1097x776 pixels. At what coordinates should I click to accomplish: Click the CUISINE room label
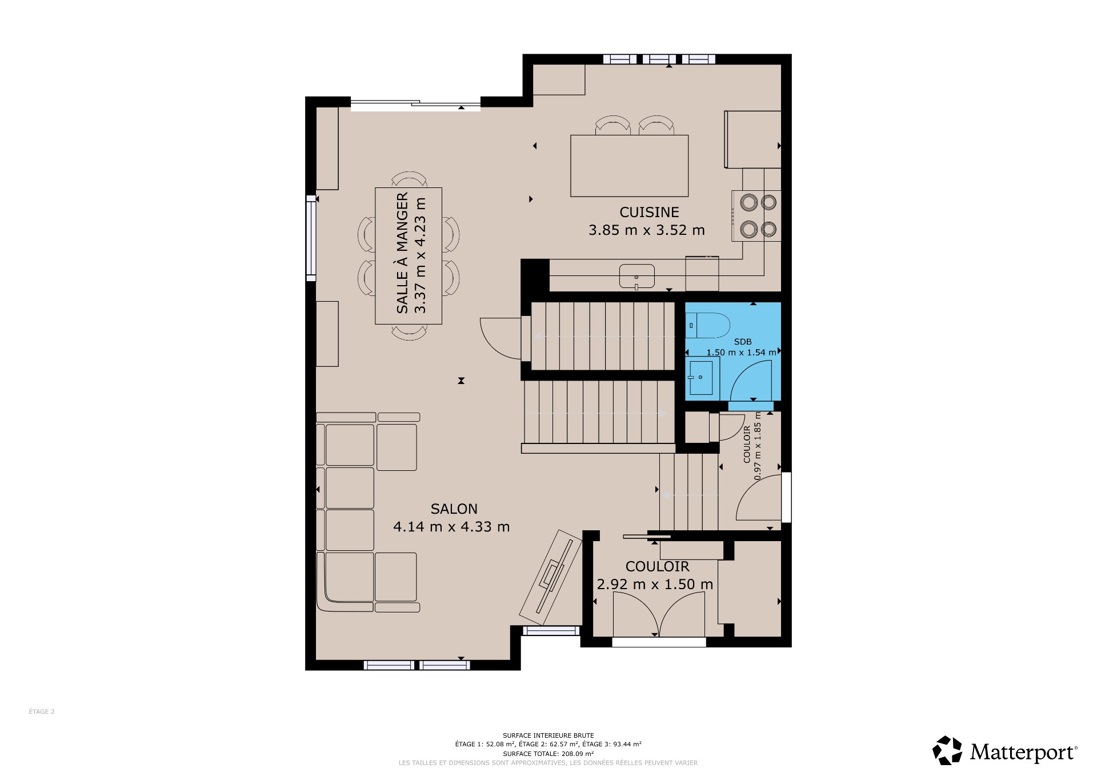(x=649, y=212)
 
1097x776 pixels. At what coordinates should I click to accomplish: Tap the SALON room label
(x=454, y=509)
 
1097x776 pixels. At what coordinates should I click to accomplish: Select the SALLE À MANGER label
(x=402, y=253)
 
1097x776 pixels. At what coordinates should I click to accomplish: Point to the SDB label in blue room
(x=743, y=342)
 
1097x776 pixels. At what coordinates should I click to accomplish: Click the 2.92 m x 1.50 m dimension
(x=655, y=584)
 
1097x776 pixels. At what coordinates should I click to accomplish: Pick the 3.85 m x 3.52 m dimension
(x=647, y=230)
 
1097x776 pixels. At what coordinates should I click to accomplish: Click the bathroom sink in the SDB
(x=700, y=378)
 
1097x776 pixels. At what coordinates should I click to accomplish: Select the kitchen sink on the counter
(x=636, y=276)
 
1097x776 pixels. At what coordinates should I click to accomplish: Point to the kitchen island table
(x=629, y=166)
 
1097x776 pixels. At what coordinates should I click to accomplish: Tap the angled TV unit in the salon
(x=551, y=577)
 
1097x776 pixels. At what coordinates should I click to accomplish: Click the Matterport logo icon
(x=948, y=750)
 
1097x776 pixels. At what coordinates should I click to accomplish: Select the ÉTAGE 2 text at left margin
(x=42, y=711)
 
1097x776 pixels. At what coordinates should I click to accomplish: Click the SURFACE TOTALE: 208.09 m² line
(x=548, y=754)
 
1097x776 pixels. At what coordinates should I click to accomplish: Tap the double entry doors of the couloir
(x=659, y=614)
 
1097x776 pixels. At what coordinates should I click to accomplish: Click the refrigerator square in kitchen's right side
(x=752, y=139)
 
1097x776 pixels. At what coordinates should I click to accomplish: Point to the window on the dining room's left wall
(x=311, y=238)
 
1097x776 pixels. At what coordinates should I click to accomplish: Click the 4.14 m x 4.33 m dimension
(x=451, y=526)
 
